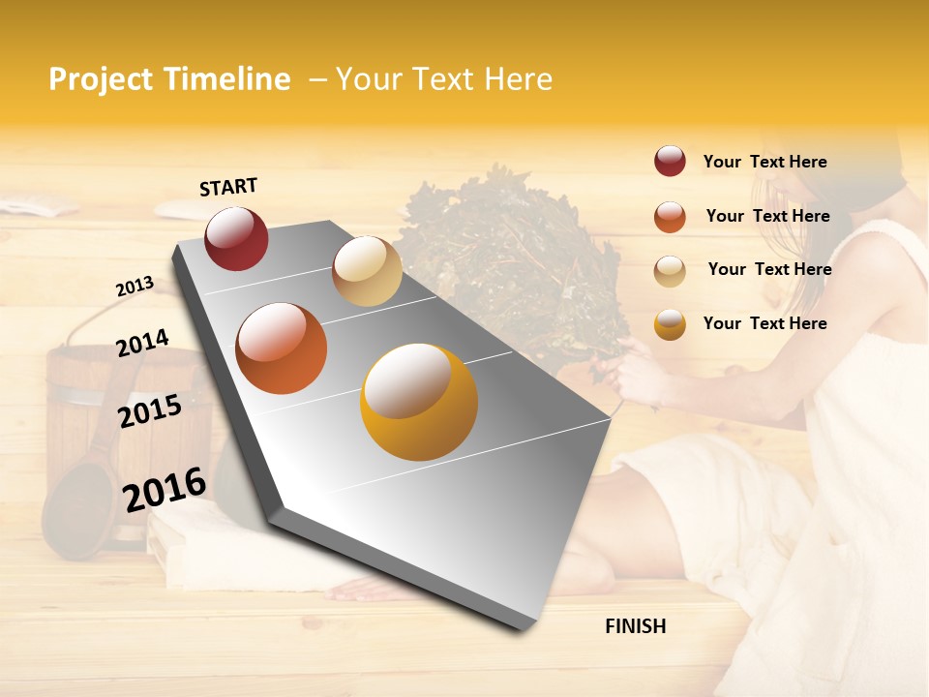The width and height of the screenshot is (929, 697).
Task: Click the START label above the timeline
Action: [228, 187]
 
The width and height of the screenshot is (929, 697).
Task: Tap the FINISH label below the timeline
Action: [635, 626]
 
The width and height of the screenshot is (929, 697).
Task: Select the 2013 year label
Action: [135, 286]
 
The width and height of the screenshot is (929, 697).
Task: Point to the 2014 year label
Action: [142, 343]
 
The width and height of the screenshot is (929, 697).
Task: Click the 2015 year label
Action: [149, 411]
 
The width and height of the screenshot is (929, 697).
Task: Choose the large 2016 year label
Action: [165, 489]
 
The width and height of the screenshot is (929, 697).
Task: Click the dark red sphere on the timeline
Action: [236, 238]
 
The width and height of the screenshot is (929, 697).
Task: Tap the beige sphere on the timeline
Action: [367, 271]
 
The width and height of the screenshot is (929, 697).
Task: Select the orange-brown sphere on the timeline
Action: [281, 348]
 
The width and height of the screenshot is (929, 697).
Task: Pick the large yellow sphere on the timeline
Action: [418, 402]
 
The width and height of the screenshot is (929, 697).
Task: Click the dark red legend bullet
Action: [670, 162]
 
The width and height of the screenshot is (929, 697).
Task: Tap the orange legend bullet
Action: [670, 217]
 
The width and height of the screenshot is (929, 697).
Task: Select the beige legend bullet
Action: [670, 271]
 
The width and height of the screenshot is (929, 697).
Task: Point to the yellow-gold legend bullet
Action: [670, 324]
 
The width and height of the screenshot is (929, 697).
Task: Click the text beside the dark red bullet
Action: [764, 162]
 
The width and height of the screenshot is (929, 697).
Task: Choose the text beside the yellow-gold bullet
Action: [764, 323]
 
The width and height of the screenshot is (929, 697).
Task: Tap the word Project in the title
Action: [102, 79]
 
